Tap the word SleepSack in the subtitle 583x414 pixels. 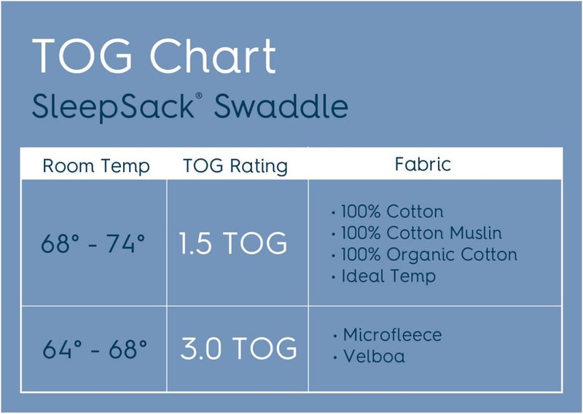[x=111, y=106]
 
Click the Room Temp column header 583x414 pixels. [x=96, y=166]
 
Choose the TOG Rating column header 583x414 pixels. [x=235, y=166]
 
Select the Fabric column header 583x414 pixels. [x=423, y=163]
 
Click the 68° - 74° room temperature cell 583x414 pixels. [x=93, y=243]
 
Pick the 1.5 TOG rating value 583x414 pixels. [x=233, y=243]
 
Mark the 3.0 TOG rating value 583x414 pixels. [x=238, y=348]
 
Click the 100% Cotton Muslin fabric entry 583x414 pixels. [x=421, y=233]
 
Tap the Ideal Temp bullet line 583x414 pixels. [x=388, y=276]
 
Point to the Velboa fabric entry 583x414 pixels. [x=373, y=356]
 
